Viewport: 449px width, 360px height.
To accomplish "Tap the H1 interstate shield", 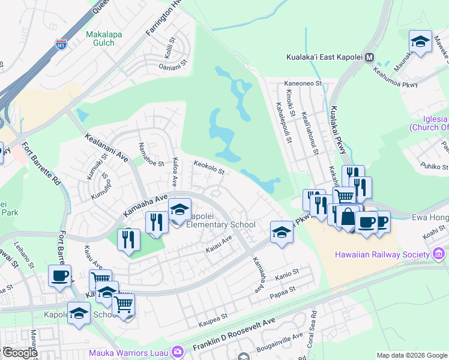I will (61, 44).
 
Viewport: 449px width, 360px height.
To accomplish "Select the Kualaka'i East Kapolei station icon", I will (370, 58).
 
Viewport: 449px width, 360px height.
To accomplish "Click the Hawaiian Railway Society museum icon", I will (439, 255).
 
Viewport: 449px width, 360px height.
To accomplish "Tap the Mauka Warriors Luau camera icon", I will (176, 350).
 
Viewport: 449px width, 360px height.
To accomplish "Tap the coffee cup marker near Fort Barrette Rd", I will (59, 275).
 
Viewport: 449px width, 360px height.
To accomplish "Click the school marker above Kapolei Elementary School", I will (179, 209).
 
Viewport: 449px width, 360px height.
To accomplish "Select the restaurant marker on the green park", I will (129, 239).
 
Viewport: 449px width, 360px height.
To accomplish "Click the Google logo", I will (19, 353).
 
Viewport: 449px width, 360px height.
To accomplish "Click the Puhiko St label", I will (435, 166).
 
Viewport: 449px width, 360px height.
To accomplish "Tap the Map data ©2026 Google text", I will (412, 355).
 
